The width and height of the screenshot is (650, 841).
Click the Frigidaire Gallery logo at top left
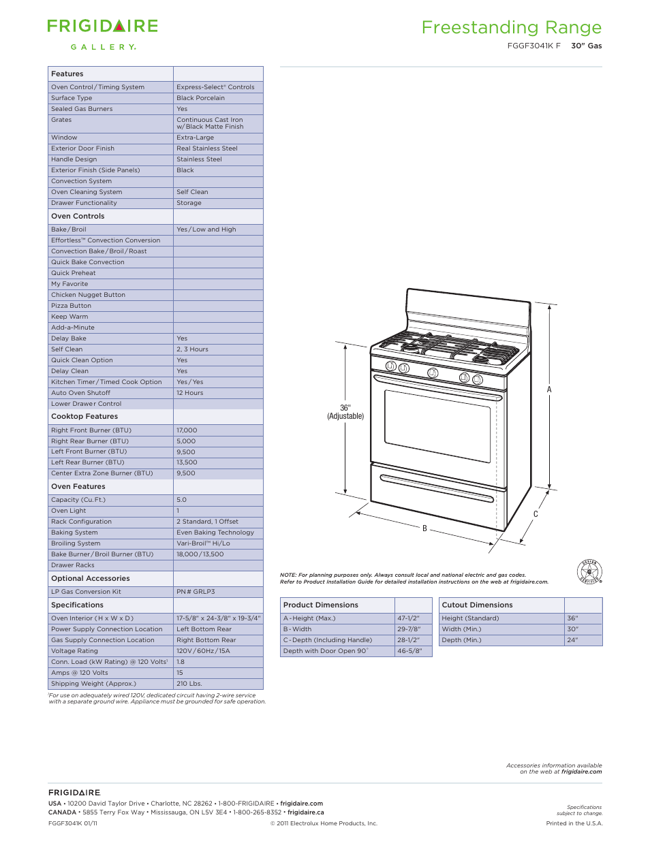(102, 34)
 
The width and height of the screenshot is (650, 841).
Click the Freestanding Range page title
(511, 27)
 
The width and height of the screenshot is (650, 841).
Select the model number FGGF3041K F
(533, 46)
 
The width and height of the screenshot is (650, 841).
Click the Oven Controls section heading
(78, 216)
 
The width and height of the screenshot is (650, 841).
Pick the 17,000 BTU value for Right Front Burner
(187, 430)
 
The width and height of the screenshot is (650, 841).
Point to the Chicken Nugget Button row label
(88, 295)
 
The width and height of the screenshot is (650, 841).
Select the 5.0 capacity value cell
(181, 500)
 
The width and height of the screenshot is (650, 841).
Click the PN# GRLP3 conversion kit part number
(196, 592)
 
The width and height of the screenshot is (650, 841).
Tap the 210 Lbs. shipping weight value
(189, 684)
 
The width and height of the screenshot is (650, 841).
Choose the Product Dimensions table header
(320, 605)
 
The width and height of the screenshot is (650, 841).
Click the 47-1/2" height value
(408, 618)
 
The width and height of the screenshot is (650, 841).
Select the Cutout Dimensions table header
(477, 605)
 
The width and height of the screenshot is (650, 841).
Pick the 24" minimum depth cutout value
(572, 640)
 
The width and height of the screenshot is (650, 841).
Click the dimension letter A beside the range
(549, 390)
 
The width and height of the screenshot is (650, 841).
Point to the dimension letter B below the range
(424, 528)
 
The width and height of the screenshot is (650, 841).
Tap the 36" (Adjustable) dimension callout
(345, 412)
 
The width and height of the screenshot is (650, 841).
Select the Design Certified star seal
(589, 571)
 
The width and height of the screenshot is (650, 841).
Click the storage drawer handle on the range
(436, 488)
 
